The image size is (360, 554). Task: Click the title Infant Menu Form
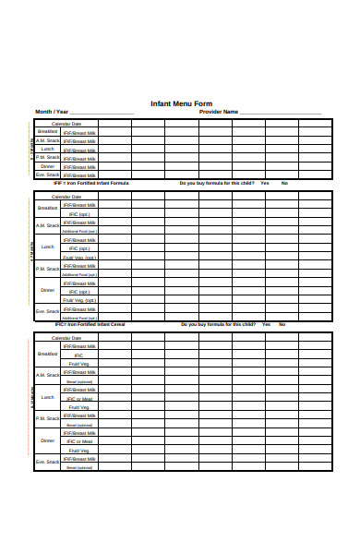[x=181, y=103]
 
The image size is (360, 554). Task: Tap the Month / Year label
[x=53, y=112]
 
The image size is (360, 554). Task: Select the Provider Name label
[x=219, y=112]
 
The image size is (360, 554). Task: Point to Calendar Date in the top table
[x=66, y=123]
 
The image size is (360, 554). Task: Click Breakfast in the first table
[x=48, y=131]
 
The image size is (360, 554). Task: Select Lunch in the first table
[x=48, y=148]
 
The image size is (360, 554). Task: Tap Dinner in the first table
[x=48, y=166]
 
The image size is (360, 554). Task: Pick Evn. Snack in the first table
[x=48, y=175]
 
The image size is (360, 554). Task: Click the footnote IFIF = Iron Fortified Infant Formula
[x=91, y=183]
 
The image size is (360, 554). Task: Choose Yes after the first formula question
[x=265, y=183]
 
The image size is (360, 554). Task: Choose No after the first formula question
[x=284, y=183]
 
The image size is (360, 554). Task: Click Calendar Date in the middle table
[x=66, y=197]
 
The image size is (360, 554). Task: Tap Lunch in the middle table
[x=48, y=247]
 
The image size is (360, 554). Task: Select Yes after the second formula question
[x=266, y=324]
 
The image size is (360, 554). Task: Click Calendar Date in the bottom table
[x=66, y=338]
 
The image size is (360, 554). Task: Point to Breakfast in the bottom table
[x=48, y=355]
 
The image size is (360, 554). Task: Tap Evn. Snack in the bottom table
[x=48, y=460]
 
